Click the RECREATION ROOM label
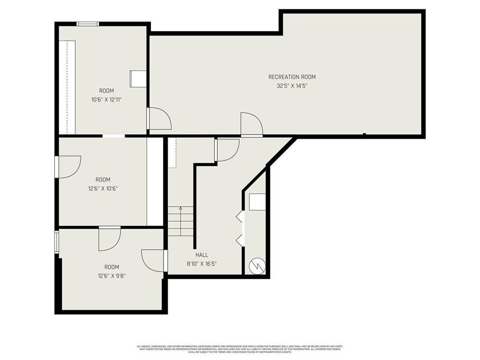292,77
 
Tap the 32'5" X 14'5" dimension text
292,86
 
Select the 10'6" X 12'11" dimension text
106,99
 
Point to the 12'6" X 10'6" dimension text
103,188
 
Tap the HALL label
202,255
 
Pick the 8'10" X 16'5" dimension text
202,264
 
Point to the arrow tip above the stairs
181,208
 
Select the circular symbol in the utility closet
257,266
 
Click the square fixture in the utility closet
257,202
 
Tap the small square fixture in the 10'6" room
138,79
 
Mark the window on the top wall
88,24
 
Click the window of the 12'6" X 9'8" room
57,242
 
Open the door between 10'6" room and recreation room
158,119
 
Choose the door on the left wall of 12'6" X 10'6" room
68,166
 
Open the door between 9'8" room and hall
154,261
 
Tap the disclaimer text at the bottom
240,349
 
